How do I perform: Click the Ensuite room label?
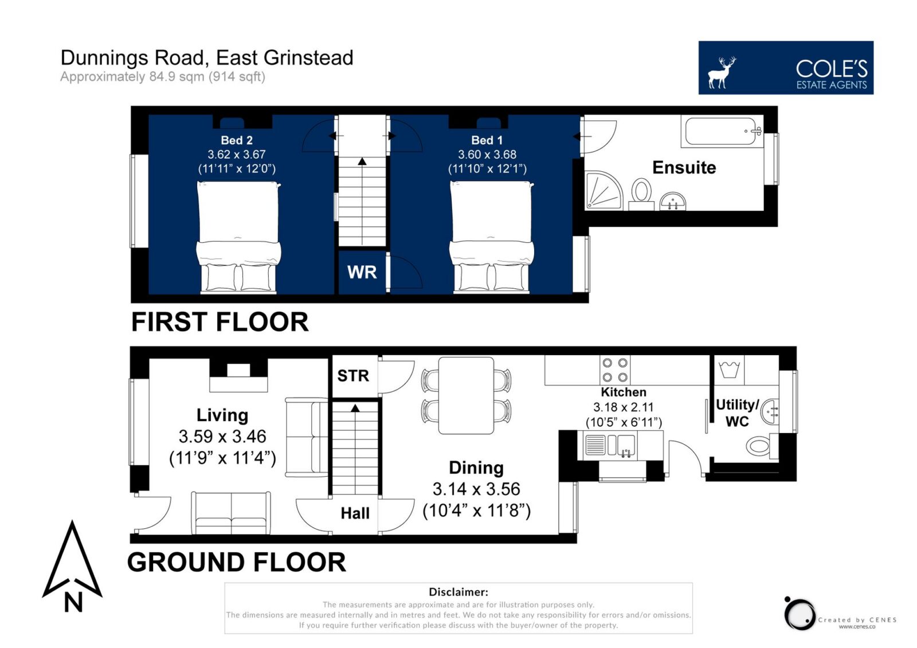coord(684,168)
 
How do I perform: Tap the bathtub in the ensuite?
coord(722,131)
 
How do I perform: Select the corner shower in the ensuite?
coord(604,190)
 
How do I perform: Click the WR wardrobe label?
coord(362,272)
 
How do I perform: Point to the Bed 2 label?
coord(237,140)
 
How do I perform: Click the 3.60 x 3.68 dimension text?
coord(487,155)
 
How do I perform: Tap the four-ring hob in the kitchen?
coord(615,370)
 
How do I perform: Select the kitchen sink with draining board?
coord(610,445)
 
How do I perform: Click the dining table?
coord(466,395)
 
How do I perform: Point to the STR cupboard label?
coord(353,376)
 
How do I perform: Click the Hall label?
coord(355,513)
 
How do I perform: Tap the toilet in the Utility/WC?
coord(762,446)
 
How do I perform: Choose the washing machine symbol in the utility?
coord(729,370)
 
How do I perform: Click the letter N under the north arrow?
coord(73,602)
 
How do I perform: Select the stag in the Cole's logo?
coord(722,72)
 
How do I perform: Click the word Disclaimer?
coord(458,592)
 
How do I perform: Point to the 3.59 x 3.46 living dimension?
coord(222,437)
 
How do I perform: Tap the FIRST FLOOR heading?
coord(220,322)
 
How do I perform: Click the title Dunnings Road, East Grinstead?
coord(207,58)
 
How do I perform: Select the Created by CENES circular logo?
coord(798,614)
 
